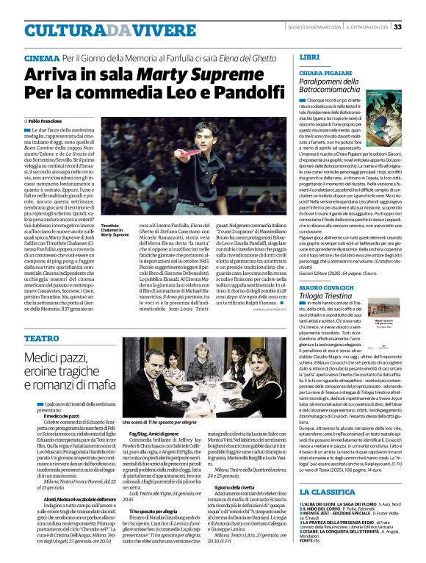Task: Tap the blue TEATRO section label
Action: click(41, 338)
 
